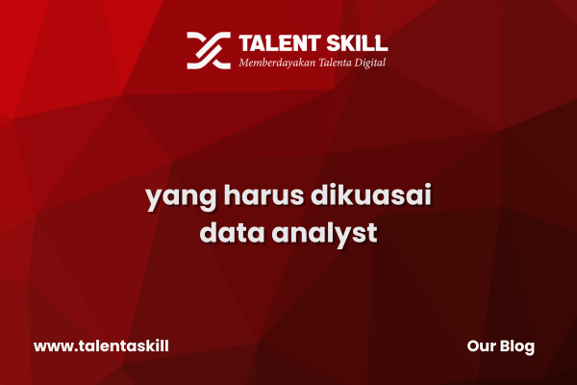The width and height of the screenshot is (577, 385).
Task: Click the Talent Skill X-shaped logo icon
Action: [209, 50]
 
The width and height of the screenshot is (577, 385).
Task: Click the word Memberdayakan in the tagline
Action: [277, 63]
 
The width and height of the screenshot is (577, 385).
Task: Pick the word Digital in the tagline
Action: [370, 63]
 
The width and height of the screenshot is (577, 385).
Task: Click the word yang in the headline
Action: [181, 197]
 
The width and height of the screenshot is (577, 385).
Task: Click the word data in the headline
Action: [232, 232]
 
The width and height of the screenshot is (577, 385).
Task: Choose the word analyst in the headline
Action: [325, 234]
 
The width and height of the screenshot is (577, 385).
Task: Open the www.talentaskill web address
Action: [101, 346]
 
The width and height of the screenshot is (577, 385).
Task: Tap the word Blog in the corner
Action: [517, 347]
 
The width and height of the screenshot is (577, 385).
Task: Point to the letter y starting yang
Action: [153, 199]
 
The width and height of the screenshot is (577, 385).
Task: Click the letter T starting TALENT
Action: [245, 43]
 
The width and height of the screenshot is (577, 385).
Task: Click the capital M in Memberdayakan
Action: [245, 63]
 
